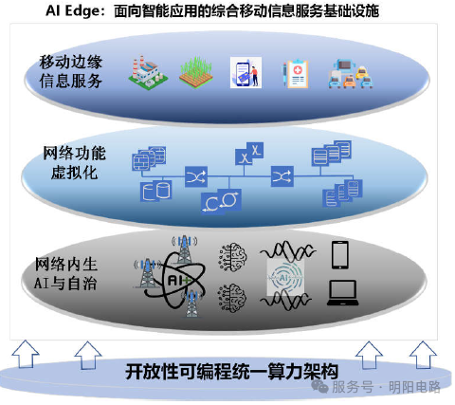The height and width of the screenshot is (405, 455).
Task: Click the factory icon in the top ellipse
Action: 148,73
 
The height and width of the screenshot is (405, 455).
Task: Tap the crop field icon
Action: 195,72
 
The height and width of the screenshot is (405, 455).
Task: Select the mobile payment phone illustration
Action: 246,72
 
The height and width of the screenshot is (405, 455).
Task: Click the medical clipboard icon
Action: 295,74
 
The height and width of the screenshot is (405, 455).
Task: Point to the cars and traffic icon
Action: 351,74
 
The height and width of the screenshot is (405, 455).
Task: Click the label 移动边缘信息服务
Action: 70,71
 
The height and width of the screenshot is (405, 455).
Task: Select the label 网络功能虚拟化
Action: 74,163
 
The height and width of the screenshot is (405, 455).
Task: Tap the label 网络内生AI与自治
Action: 65,273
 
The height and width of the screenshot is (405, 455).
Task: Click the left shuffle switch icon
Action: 196,176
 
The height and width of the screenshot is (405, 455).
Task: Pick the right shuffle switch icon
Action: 282,176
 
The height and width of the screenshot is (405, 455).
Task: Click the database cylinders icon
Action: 156,191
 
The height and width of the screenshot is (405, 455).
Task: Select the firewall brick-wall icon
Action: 149,158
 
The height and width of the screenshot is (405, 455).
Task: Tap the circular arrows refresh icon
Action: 221,201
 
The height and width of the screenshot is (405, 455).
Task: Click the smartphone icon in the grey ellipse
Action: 340,255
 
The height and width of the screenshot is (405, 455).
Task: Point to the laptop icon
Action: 343,293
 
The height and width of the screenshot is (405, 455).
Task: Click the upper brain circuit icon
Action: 233,257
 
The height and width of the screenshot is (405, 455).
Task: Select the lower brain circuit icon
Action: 232,298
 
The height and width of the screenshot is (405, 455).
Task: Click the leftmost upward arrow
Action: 26,354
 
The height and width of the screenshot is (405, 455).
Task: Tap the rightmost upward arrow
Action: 423,355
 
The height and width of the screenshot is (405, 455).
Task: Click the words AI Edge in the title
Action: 73,10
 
